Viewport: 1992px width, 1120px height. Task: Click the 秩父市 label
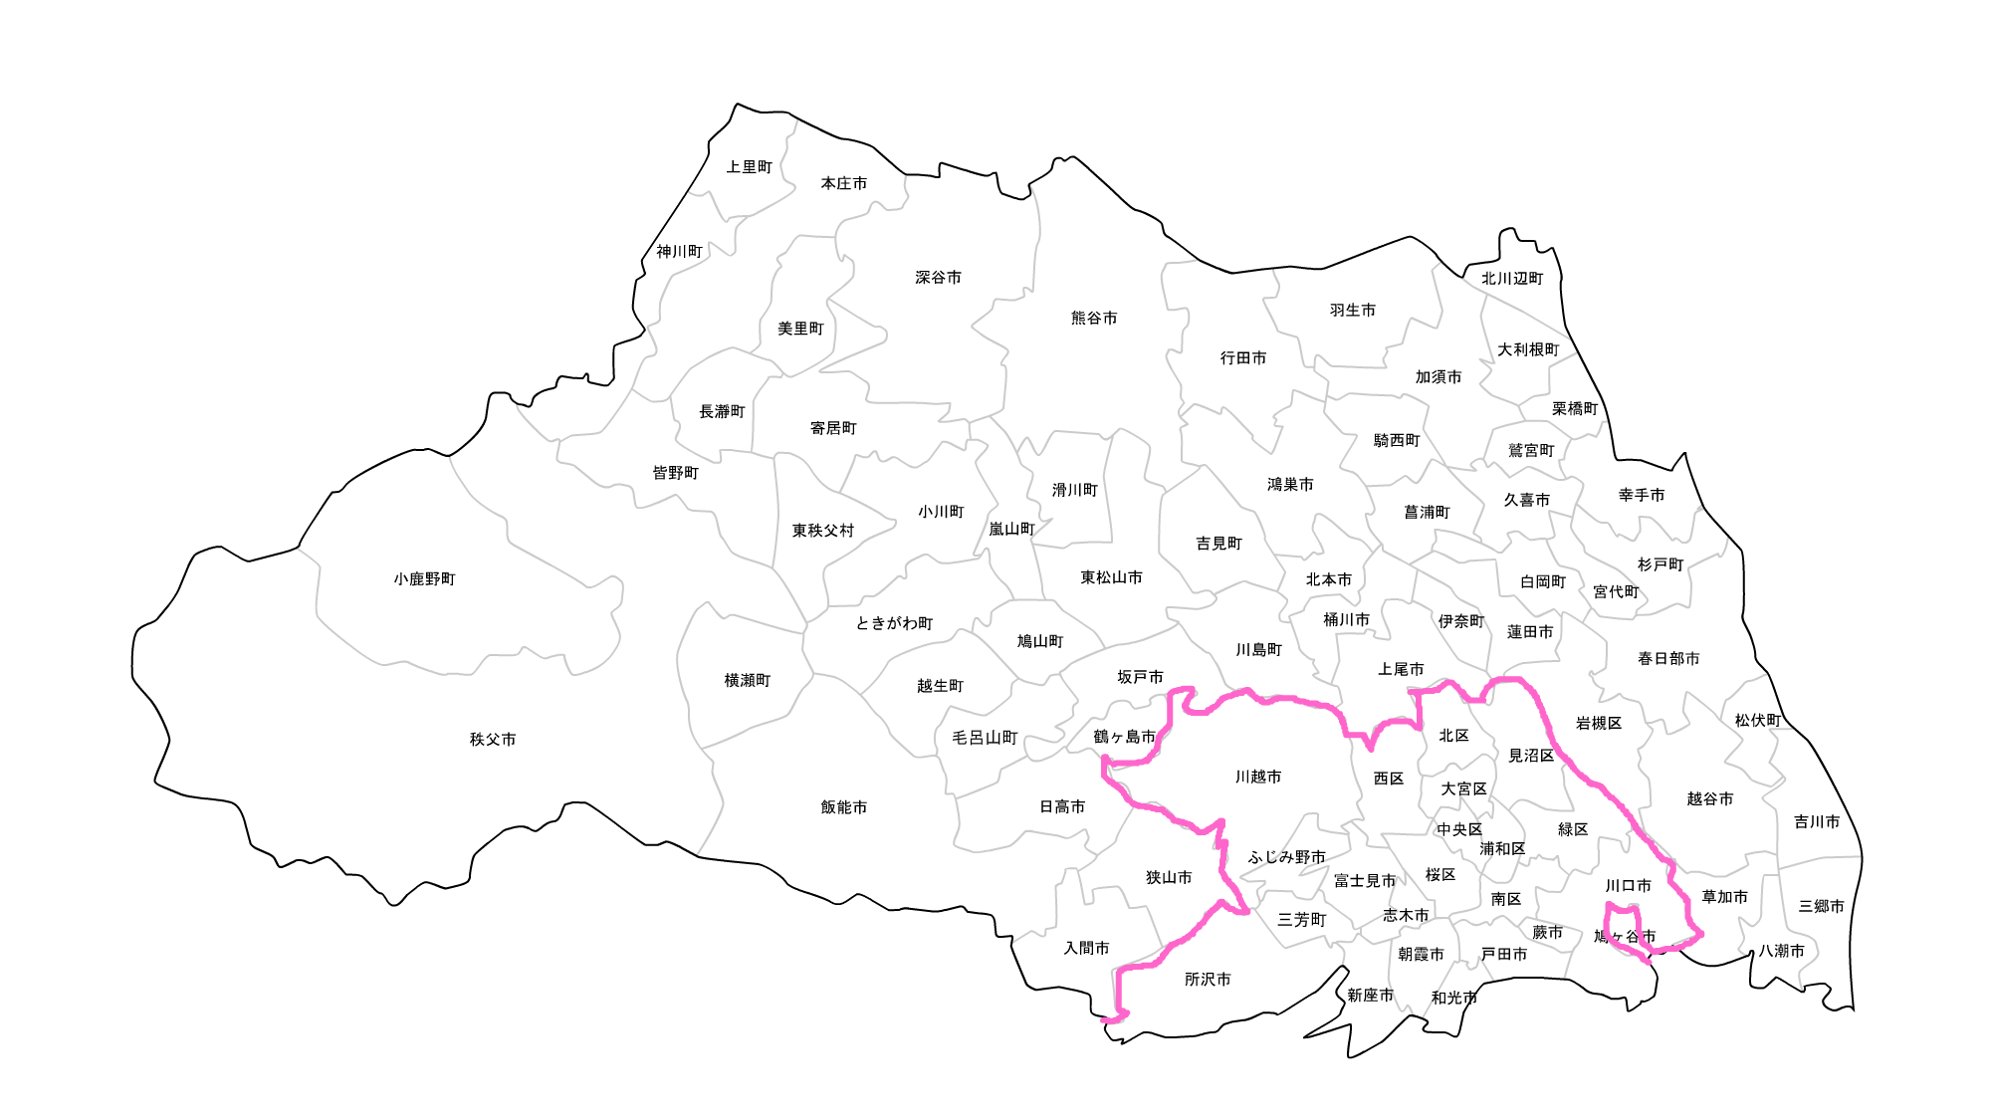(493, 740)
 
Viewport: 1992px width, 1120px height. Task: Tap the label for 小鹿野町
(424, 579)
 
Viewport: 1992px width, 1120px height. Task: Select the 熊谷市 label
(1094, 319)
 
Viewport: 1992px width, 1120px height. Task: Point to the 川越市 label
(1258, 778)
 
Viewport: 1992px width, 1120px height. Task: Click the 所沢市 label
(1208, 980)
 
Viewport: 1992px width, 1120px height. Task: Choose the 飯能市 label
(844, 807)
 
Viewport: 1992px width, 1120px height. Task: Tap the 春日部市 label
(1668, 659)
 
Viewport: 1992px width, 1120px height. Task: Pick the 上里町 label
(750, 167)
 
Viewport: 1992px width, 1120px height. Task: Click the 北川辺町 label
(1512, 279)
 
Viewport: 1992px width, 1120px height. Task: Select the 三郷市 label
(1821, 907)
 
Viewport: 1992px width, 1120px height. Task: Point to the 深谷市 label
(939, 278)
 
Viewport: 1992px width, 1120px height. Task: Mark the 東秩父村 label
(823, 531)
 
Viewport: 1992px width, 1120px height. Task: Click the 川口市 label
(1628, 886)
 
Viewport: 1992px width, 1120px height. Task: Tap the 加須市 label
(1439, 377)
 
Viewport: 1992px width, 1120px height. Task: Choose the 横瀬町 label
(748, 681)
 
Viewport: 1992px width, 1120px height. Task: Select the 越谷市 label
(1710, 799)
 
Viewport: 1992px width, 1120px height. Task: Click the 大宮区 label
(1463, 789)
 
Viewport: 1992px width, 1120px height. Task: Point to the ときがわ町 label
(894, 624)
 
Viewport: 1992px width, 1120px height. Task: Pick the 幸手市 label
(1642, 495)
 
